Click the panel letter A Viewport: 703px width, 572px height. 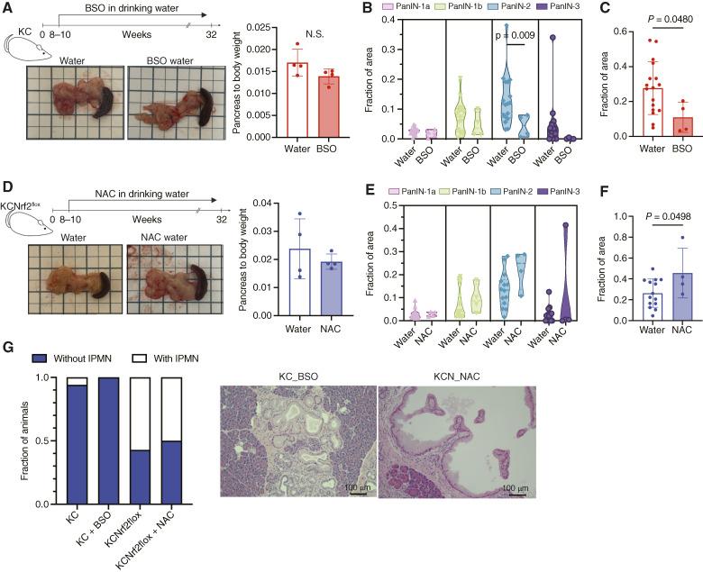[x=7, y=8]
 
